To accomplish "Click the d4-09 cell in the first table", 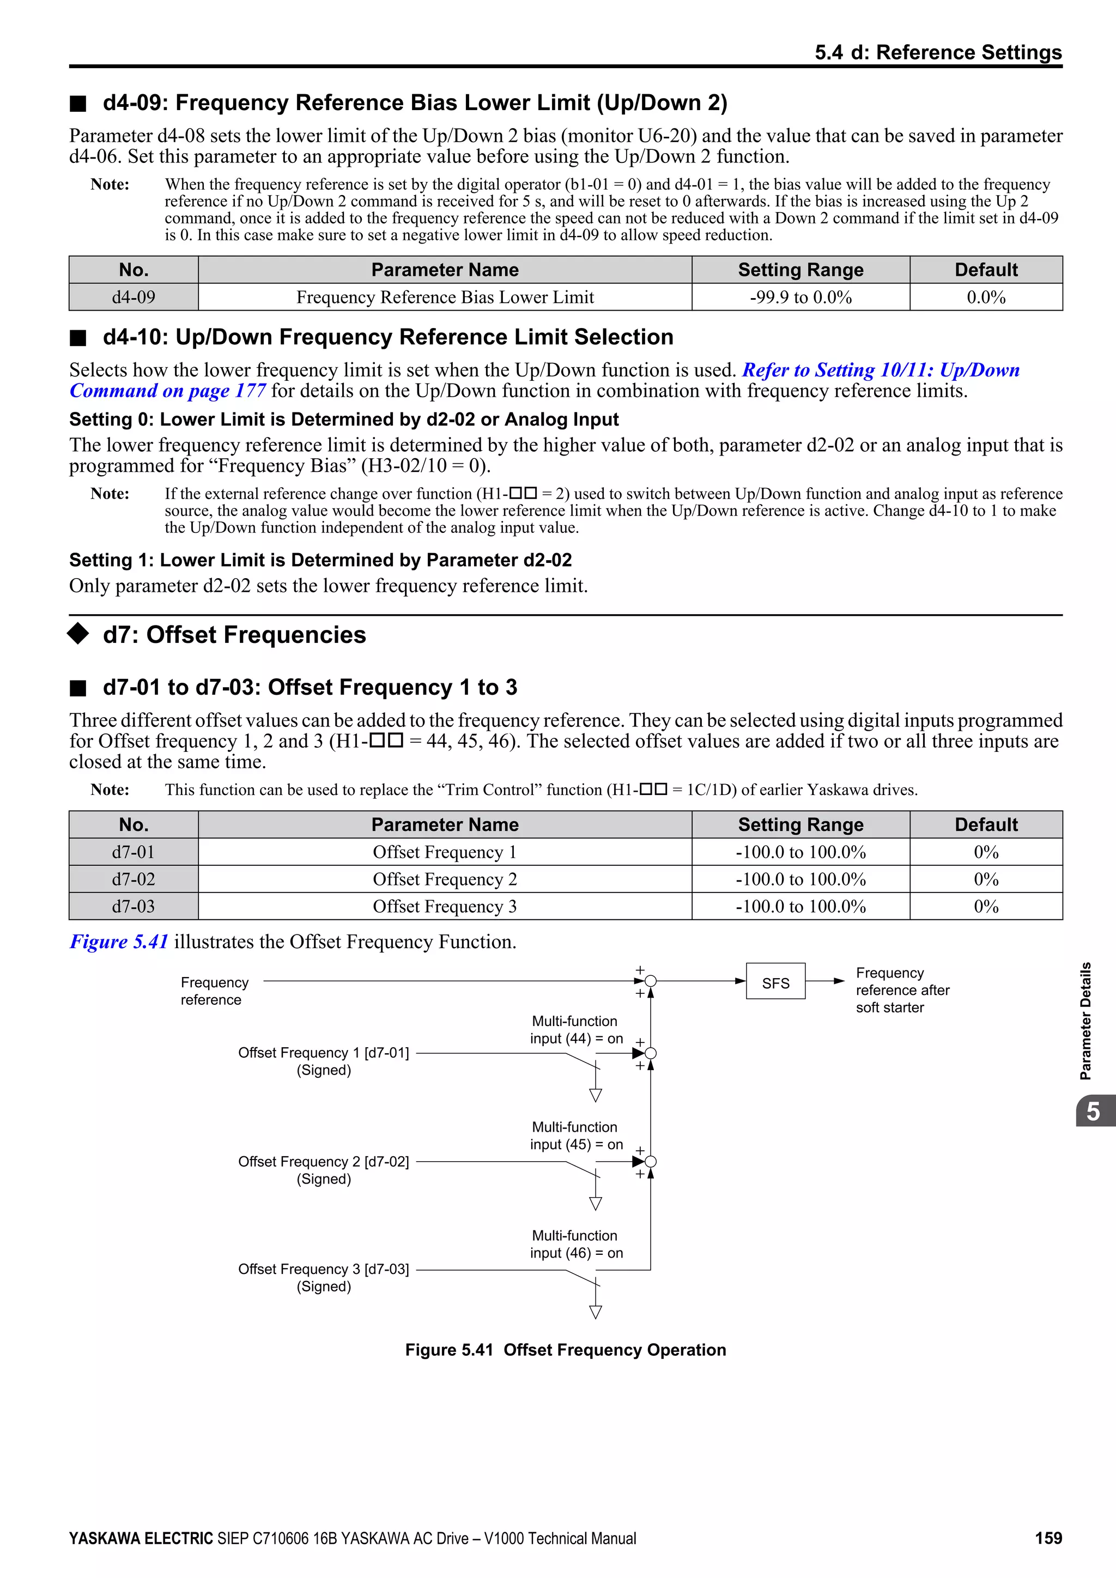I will click(134, 297).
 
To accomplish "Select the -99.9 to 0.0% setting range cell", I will click(800, 297).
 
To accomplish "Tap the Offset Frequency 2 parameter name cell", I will click(445, 879).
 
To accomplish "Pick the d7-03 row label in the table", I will click(134, 907).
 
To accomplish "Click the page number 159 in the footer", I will click(1048, 1538).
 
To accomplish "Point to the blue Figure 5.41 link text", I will click(119, 942).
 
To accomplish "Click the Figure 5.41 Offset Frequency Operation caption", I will click(565, 1350).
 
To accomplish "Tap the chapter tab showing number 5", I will click(1093, 1112).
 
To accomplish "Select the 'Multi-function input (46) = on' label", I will click(576, 1244).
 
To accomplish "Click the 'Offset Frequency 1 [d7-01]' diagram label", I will click(323, 1053).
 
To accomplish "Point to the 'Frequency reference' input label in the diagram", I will click(214, 991).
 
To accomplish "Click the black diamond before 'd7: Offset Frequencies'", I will click(78, 634).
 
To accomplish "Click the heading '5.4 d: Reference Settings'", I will click(938, 52).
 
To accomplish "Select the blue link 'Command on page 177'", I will click(168, 391).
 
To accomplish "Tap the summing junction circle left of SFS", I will click(651, 981).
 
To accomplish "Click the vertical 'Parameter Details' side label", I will click(1085, 1021).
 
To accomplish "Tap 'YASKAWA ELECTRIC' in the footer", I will click(141, 1538).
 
